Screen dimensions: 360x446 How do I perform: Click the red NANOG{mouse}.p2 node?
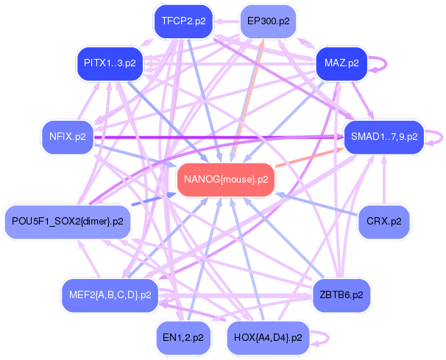point(225,180)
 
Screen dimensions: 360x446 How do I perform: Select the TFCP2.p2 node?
point(183,21)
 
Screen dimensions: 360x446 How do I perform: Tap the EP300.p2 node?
point(267,21)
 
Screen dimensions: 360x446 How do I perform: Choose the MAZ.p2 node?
point(341,63)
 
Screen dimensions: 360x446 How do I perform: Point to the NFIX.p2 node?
point(67,136)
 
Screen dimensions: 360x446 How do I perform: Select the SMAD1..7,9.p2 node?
point(384,136)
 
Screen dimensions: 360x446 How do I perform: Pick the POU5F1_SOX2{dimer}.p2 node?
point(67,222)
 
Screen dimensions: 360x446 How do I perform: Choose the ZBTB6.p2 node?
point(341,294)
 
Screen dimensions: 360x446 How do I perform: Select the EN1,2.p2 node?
point(183,337)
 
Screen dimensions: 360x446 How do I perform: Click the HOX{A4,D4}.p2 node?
point(267,337)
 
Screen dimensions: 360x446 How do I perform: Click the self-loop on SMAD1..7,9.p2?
point(440,136)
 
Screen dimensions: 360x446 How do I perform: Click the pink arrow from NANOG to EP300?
point(249,96)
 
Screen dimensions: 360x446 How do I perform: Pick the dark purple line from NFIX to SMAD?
point(221,136)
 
